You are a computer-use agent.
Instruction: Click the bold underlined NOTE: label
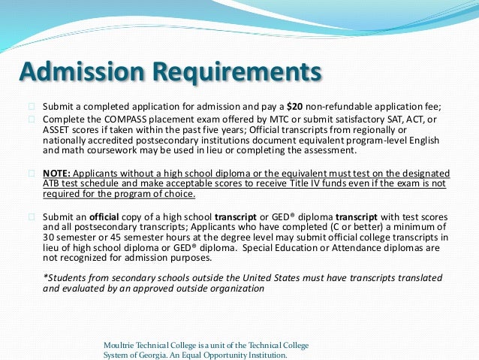58,172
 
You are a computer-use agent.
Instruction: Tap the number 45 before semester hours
109,236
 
